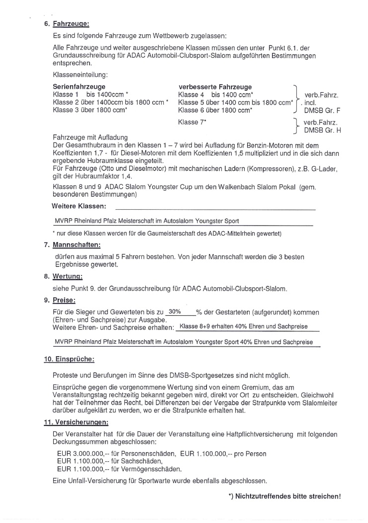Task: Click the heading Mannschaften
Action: [x=76, y=245]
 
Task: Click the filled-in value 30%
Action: [x=174, y=311]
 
